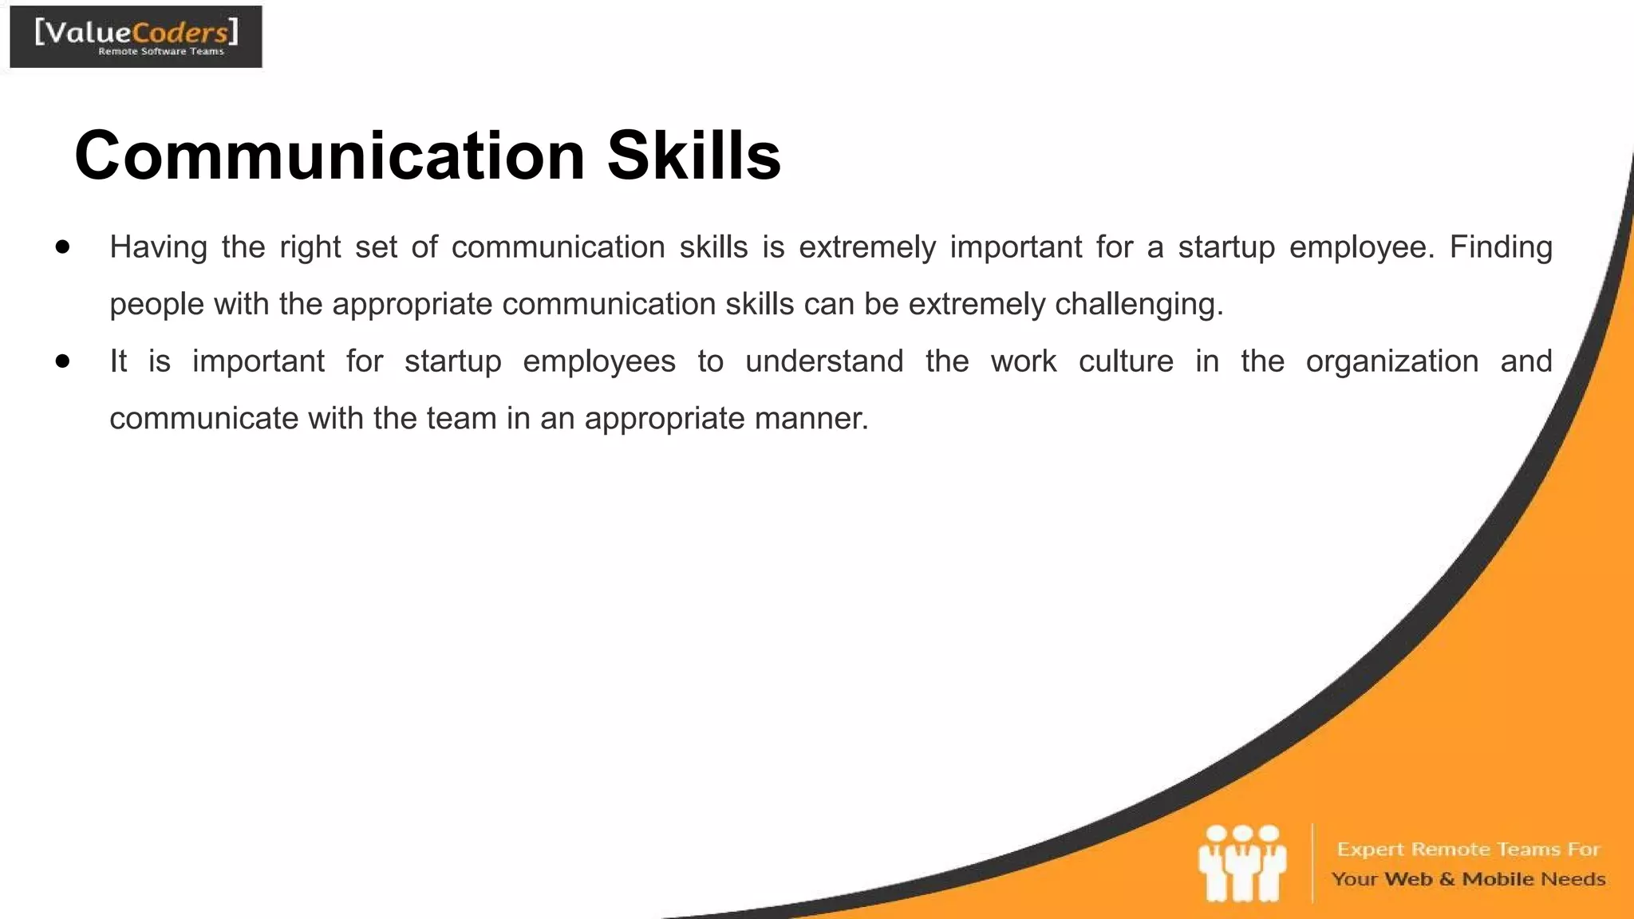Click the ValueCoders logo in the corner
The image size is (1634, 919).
point(136,37)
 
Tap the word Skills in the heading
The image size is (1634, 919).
point(693,156)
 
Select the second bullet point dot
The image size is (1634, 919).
point(63,361)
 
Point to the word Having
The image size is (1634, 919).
point(158,247)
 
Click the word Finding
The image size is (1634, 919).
point(1500,247)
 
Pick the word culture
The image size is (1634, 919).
point(1126,361)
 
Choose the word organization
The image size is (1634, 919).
point(1391,362)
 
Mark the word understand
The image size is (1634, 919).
point(824,361)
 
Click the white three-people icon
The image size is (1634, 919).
point(1241,864)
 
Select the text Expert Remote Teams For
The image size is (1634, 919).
point(1468,849)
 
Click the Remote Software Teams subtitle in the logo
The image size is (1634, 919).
point(160,52)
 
